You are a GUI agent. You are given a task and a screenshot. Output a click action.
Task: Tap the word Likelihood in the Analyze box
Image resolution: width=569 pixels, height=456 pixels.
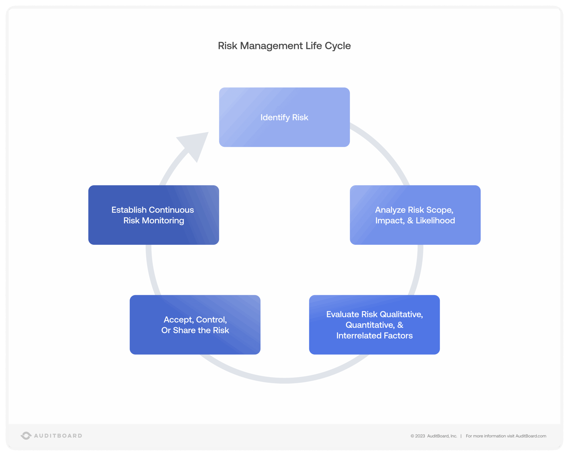(x=435, y=221)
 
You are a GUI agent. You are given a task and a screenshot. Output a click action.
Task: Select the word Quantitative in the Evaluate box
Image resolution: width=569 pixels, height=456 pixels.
(x=370, y=325)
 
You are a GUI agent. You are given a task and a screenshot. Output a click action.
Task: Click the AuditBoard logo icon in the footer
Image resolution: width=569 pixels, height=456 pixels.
(x=26, y=436)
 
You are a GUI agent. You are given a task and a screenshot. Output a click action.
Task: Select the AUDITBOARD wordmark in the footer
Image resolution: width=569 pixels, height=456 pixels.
(x=58, y=436)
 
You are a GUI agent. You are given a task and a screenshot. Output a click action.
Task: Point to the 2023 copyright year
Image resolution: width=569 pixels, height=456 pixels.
(x=420, y=436)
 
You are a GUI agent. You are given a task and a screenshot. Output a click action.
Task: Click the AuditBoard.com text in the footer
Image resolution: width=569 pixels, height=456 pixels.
(x=531, y=436)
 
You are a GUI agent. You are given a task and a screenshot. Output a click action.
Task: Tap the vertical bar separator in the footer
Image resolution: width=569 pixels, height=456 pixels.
(x=461, y=436)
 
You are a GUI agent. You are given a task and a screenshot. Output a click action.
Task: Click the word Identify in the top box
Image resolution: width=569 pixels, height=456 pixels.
(x=275, y=117)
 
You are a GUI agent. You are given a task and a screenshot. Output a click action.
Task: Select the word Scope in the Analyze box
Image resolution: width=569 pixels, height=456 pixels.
(x=439, y=210)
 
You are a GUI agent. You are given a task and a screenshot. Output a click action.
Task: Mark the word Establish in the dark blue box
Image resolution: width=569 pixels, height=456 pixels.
(x=129, y=210)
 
